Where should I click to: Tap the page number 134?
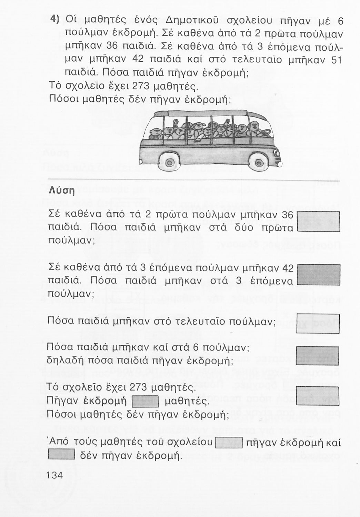pyautogui.click(x=54, y=475)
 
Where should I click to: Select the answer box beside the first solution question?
pyautogui.click(x=318, y=221)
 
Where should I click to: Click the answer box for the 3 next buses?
pyautogui.click(x=318, y=275)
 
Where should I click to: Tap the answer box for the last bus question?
pyautogui.click(x=318, y=323)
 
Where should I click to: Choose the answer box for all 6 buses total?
pyautogui.click(x=318, y=355)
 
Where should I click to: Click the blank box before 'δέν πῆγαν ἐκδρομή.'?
pyautogui.click(x=61, y=455)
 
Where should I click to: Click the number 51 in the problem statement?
pyautogui.click(x=336, y=60)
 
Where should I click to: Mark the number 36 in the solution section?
pyautogui.click(x=287, y=214)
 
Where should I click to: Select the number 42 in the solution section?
pyautogui.click(x=288, y=268)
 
